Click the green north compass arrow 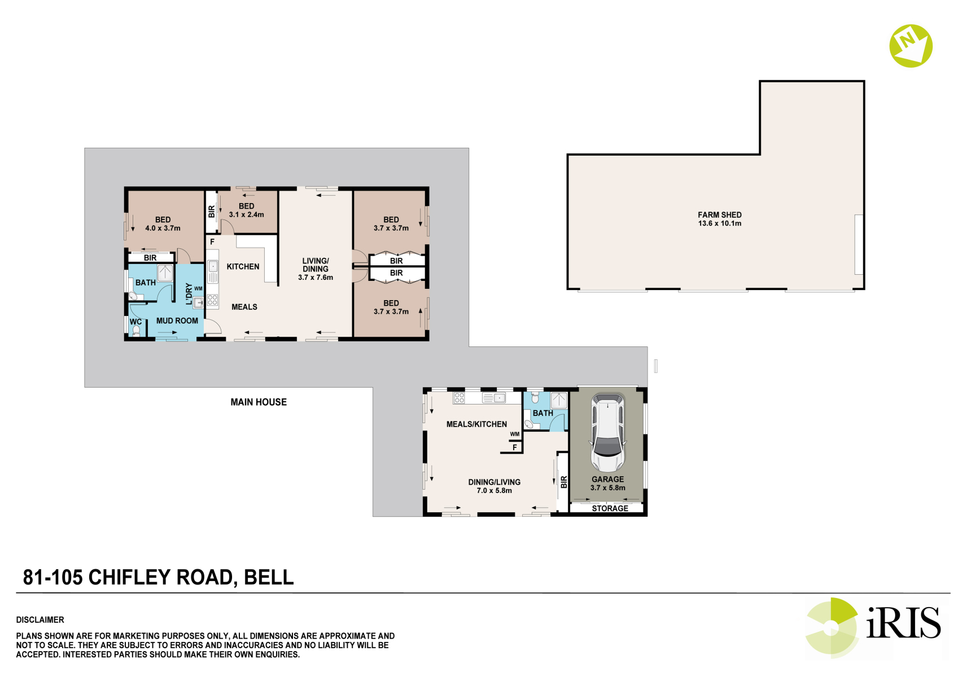click(x=911, y=46)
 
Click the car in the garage click(x=608, y=432)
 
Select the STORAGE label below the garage click(x=610, y=508)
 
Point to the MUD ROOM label click(x=177, y=320)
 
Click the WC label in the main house click(x=135, y=322)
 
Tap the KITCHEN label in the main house click(x=243, y=267)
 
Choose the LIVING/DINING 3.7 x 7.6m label click(x=316, y=269)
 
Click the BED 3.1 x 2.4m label click(x=247, y=210)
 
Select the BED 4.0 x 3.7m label click(x=163, y=224)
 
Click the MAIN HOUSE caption click(x=259, y=402)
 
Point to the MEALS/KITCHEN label click(x=476, y=424)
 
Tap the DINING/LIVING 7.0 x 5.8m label click(x=495, y=486)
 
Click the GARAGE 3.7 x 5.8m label click(x=608, y=483)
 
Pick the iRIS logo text click(x=904, y=623)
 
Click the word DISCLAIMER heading click(x=40, y=619)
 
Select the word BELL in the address click(x=269, y=577)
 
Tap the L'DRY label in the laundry click(x=189, y=294)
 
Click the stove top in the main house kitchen click(x=212, y=300)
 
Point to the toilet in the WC click(x=137, y=331)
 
